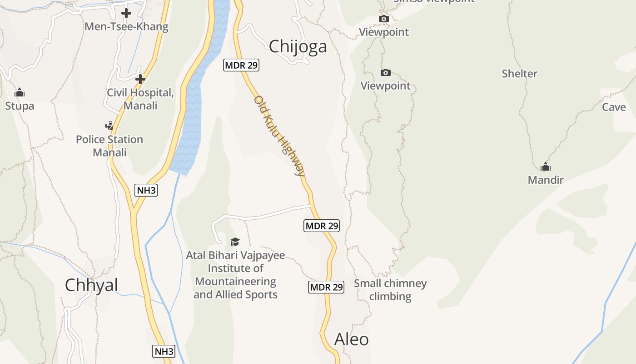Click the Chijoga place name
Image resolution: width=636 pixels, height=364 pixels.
298,46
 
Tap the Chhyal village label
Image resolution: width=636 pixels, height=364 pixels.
91,285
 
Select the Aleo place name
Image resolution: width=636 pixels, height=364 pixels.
351,339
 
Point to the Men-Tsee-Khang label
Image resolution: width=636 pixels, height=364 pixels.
126,27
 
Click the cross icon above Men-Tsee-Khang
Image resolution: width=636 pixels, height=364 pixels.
126,13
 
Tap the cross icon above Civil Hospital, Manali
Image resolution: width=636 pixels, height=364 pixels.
140,79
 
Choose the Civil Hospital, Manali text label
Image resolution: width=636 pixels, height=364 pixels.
140,99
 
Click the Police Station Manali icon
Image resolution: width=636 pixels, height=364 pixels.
109,126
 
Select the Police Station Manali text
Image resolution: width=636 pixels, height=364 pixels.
109,146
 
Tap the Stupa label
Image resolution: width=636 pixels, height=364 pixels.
20,106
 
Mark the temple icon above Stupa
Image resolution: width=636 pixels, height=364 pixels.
20,93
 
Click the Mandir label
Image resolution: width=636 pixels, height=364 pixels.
546,180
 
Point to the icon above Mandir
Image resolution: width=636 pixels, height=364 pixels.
546,167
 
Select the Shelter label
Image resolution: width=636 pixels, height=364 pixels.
519,74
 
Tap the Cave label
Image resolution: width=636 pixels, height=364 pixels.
614,107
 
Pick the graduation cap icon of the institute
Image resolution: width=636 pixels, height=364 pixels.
235,241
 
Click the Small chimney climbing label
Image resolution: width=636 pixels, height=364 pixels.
390,290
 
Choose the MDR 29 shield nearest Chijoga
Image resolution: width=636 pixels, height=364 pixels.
241,65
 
